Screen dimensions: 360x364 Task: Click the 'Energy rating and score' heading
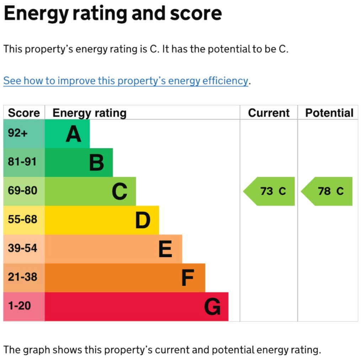click(112, 13)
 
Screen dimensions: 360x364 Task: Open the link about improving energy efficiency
click(125, 81)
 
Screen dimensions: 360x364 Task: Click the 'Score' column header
click(24, 113)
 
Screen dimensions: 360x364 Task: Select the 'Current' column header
click(269, 113)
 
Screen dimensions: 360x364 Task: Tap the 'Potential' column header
click(329, 113)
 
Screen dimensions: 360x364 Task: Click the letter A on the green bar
click(73, 135)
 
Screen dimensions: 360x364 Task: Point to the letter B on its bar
click(96, 163)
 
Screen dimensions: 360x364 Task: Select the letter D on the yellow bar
click(143, 220)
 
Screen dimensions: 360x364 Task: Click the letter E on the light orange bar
click(165, 249)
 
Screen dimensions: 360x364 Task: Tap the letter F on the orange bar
click(188, 278)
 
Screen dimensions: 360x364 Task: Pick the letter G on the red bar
click(212, 307)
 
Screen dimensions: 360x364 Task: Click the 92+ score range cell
click(24, 134)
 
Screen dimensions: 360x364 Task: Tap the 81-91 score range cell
click(24, 162)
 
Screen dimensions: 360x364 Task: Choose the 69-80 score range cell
click(24, 191)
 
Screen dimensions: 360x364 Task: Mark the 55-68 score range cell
click(24, 220)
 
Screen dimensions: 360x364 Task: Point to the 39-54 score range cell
click(24, 249)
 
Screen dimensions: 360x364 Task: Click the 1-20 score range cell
click(24, 306)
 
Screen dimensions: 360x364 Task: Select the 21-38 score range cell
click(24, 277)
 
